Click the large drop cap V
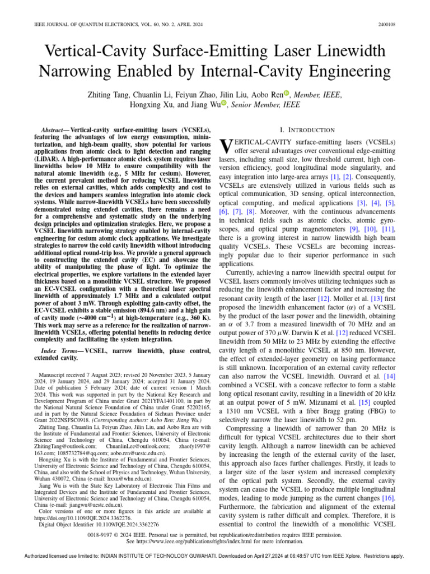225,146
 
